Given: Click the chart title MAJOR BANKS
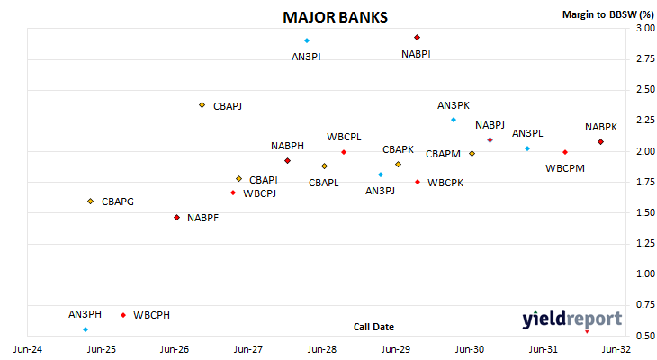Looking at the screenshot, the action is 335,17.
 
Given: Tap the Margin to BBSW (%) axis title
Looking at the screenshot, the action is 608,14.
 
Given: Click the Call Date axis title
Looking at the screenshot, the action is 373,327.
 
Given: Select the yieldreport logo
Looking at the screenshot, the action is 571,319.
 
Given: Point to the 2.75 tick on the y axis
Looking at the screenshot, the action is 645,58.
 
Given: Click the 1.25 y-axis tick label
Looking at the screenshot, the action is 645,243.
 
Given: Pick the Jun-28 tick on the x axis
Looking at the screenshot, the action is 322,349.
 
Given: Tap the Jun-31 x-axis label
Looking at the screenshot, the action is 543,349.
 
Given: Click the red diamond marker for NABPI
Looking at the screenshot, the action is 417,38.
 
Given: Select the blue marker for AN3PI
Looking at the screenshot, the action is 307,40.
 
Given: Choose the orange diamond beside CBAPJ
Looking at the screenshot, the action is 202,105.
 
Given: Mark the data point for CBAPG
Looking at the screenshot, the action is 91,202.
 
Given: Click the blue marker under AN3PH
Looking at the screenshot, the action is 85,329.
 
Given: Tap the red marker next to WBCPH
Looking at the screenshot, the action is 123,315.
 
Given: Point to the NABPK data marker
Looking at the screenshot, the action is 600,142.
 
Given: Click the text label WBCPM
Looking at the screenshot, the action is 565,168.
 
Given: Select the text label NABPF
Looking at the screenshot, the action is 202,218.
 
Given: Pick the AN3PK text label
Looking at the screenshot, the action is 454,105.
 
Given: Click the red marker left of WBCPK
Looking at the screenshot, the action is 418,182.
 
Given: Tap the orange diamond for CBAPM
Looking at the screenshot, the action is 472,154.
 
